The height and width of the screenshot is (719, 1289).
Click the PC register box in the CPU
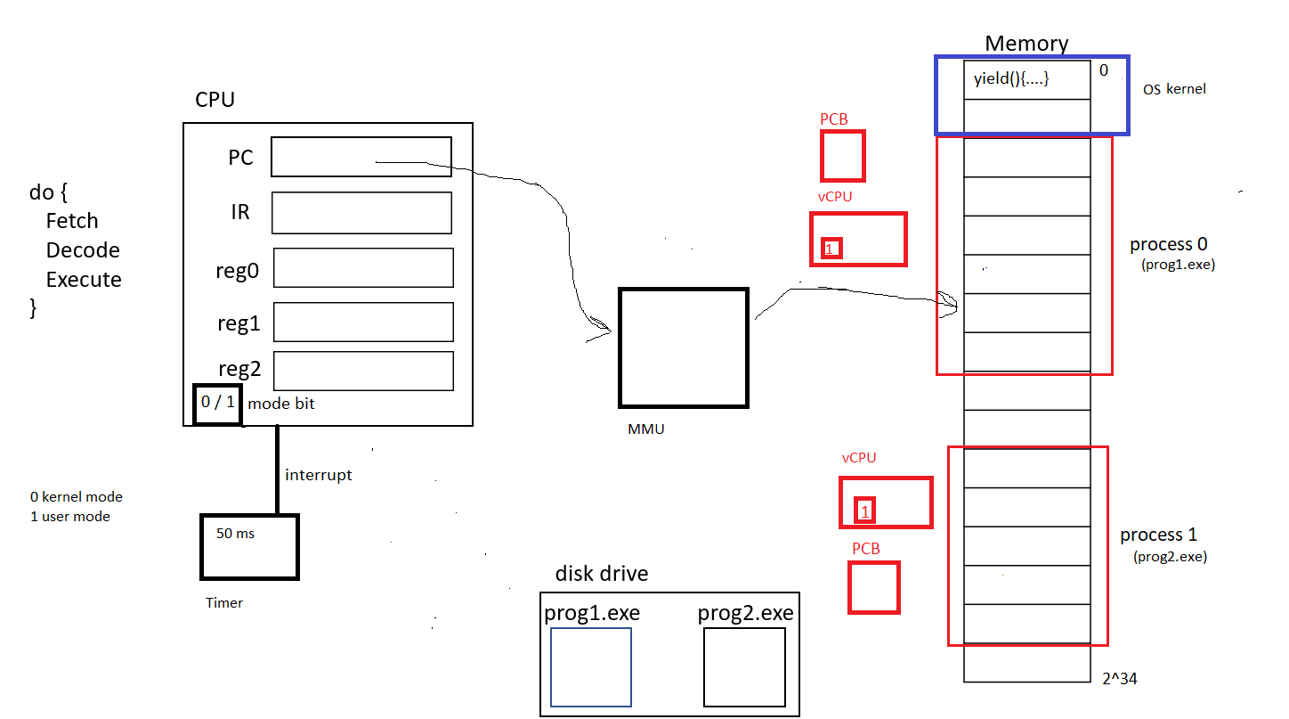point(361,157)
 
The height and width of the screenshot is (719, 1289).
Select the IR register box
point(361,213)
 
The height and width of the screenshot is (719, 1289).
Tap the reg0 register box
point(363,268)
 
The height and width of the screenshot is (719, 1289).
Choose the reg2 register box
point(363,371)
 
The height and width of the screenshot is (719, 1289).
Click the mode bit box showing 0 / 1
point(217,403)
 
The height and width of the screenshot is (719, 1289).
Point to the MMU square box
point(684,347)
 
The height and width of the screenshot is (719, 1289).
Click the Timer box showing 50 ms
point(249,546)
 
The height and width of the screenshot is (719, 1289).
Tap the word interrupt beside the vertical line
point(318,475)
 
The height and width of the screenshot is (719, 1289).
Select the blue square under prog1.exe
point(591,667)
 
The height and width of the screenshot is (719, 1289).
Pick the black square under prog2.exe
point(744,667)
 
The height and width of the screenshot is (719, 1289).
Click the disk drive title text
point(602,574)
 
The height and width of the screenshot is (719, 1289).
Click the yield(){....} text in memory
point(1012,79)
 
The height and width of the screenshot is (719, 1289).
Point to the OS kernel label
point(1174,89)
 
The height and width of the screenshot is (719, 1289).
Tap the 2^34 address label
point(1119,679)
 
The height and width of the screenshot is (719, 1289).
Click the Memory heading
point(1026,44)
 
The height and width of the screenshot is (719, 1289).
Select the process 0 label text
point(1168,244)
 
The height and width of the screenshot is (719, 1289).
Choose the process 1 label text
point(1158,535)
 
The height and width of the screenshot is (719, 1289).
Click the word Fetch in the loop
point(72,221)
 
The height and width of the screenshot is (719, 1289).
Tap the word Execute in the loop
point(84,280)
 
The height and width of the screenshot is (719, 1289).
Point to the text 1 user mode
point(70,517)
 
